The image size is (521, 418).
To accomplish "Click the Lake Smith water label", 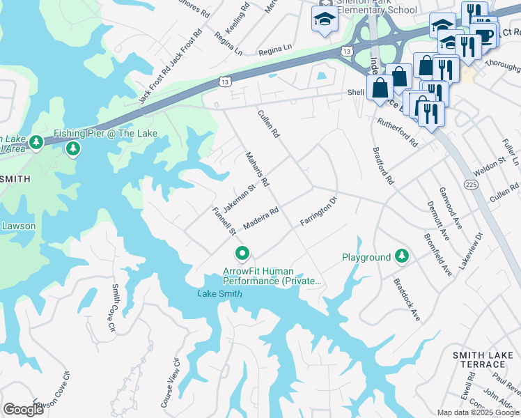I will (x=219, y=293).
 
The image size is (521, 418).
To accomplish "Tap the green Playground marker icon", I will (x=401, y=256).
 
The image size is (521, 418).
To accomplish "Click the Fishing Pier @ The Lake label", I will (x=107, y=133).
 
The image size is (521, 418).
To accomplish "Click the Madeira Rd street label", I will (x=261, y=219).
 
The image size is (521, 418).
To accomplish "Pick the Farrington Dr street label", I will (x=318, y=211).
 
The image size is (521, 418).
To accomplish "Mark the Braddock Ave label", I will (x=407, y=300).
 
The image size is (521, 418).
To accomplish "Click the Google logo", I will (x=23, y=409).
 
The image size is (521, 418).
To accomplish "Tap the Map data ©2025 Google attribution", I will (x=477, y=412).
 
